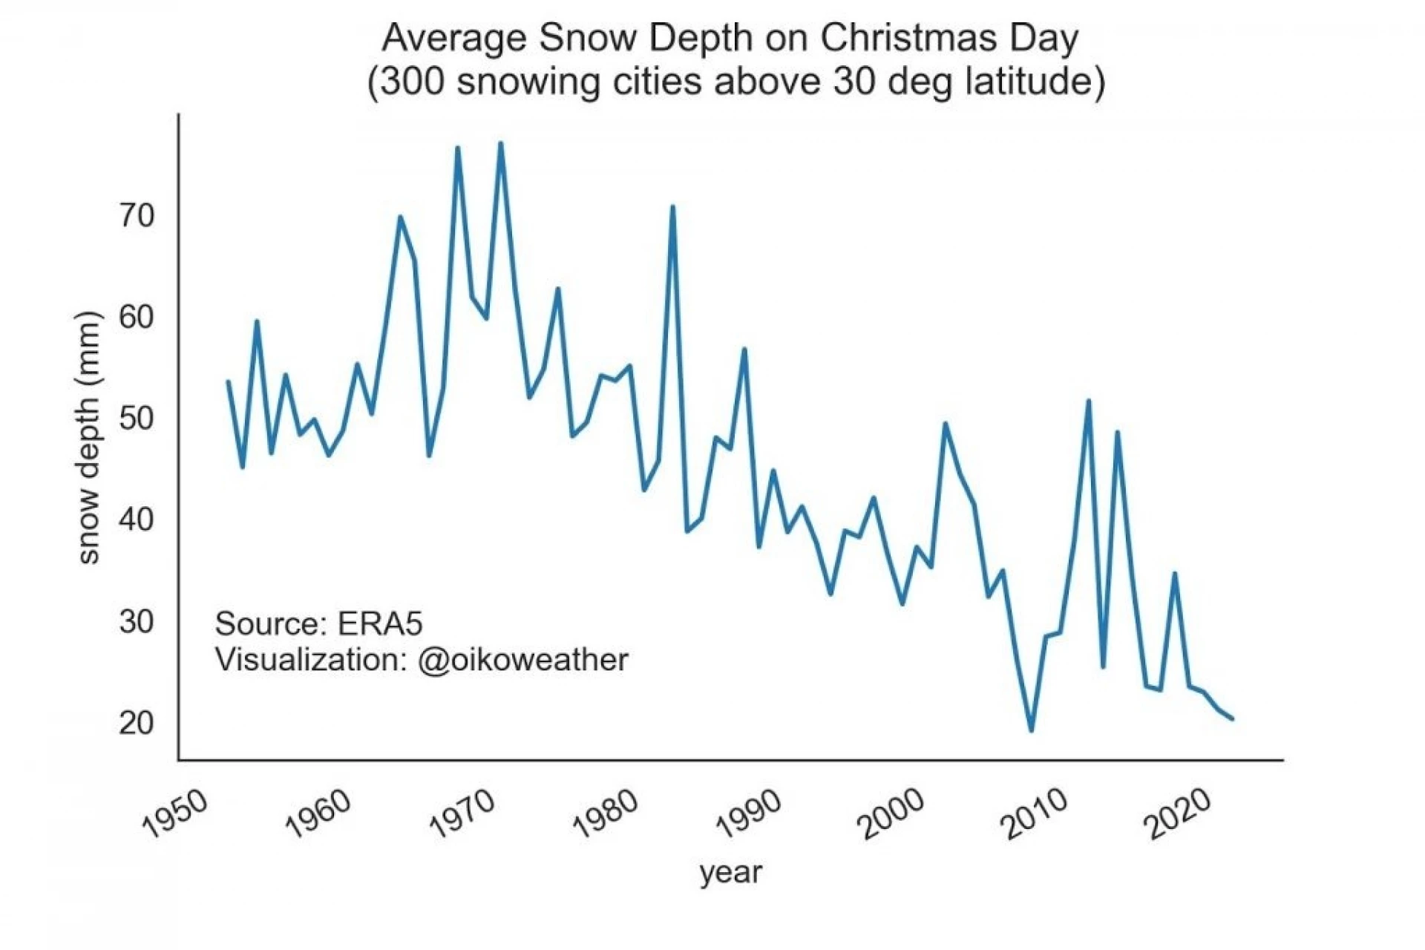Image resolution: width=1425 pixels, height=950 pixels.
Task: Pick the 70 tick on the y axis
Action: pyautogui.click(x=137, y=216)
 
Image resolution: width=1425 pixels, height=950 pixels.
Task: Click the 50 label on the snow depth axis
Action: pyautogui.click(x=137, y=419)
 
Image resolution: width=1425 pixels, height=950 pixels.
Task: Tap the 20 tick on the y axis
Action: pyautogui.click(x=137, y=723)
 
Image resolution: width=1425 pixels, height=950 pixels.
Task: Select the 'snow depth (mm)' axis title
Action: pyautogui.click(x=88, y=438)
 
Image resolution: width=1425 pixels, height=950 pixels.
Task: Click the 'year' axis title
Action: pyautogui.click(x=730, y=873)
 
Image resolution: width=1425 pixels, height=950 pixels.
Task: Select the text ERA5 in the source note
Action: pyautogui.click(x=380, y=624)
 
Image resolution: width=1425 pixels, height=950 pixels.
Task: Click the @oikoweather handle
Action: pyautogui.click(x=522, y=660)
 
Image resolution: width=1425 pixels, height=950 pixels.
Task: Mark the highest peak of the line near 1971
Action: pyautogui.click(x=501, y=143)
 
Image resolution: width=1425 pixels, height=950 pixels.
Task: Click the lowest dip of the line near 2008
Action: pyautogui.click(x=1031, y=730)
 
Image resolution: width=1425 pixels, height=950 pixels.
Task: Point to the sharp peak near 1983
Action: pyautogui.click(x=672, y=207)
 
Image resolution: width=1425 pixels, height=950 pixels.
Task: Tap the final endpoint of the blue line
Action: pyautogui.click(x=1232, y=718)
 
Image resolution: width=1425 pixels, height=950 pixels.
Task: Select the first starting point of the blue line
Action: pyautogui.click(x=228, y=381)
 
